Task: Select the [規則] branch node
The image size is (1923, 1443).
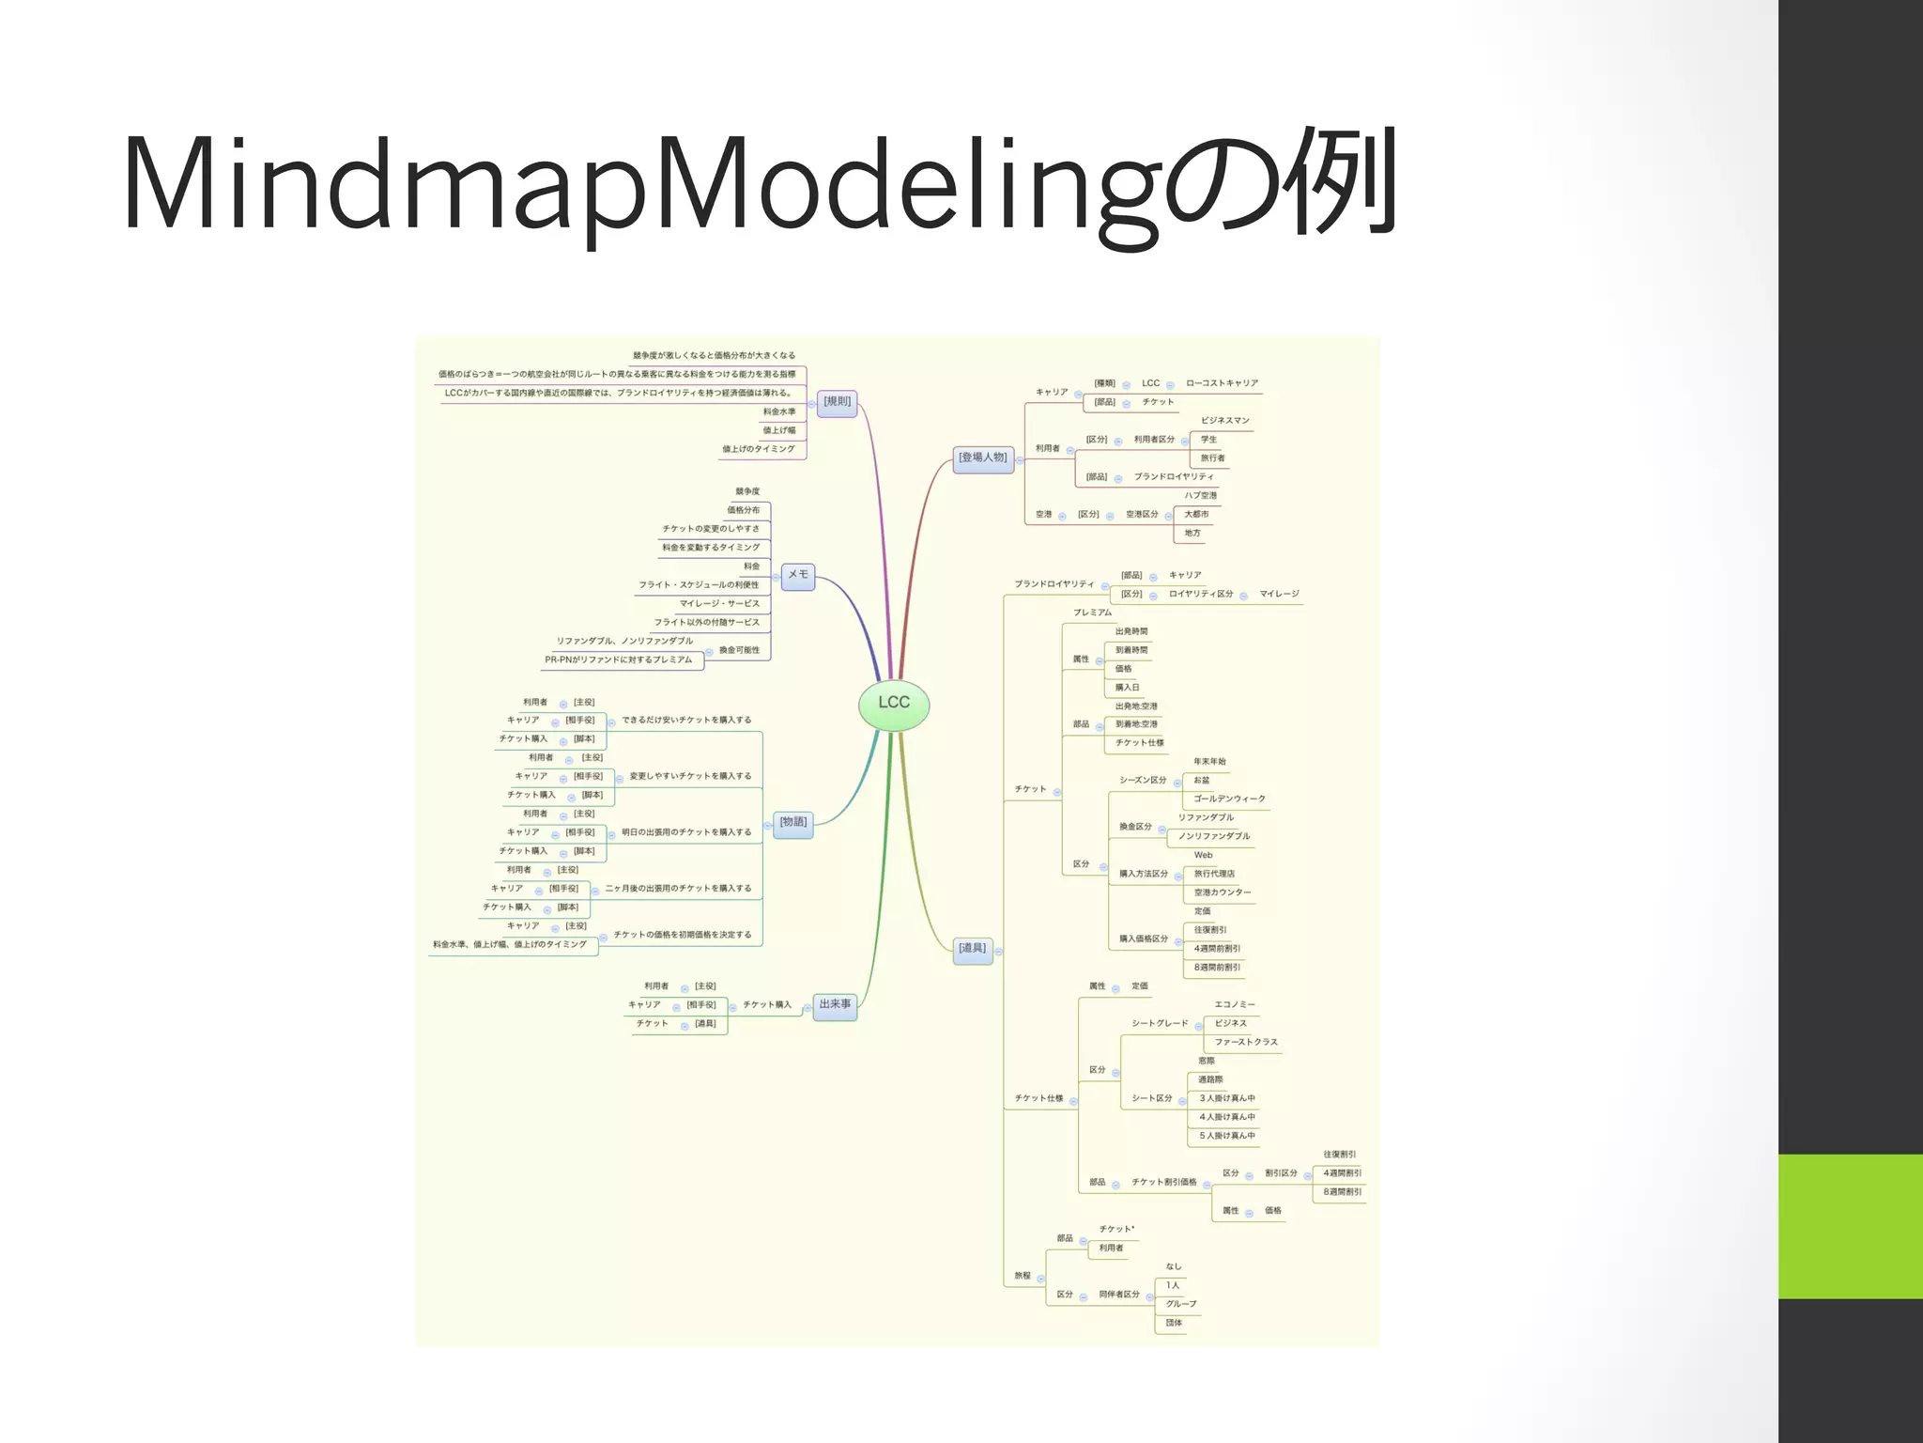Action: pyautogui.click(x=837, y=402)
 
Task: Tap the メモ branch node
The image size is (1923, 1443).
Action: pyautogui.click(x=797, y=575)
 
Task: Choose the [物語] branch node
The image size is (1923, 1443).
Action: pyautogui.click(x=792, y=823)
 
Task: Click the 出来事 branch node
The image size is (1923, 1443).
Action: pyautogui.click(x=835, y=1005)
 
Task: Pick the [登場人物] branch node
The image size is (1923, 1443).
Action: pyautogui.click(x=982, y=458)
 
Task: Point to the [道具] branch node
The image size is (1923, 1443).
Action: pyautogui.click(x=973, y=950)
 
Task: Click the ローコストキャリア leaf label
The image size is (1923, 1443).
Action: pyautogui.click(x=1222, y=383)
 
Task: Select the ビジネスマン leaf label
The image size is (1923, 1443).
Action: pyautogui.click(x=1225, y=421)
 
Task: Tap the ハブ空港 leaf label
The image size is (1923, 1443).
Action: pyautogui.click(x=1200, y=496)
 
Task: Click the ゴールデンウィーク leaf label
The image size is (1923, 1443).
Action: pyautogui.click(x=1229, y=799)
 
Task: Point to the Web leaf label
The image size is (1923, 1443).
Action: pyautogui.click(x=1203, y=855)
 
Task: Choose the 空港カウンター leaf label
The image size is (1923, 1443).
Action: pyautogui.click(x=1222, y=892)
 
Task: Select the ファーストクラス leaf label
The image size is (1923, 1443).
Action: pyautogui.click(x=1245, y=1042)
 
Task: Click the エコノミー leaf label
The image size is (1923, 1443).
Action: pyautogui.click(x=1234, y=1004)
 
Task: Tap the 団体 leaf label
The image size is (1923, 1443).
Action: pyautogui.click(x=1174, y=1323)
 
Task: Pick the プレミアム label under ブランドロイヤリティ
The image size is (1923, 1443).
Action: pyautogui.click(x=1092, y=613)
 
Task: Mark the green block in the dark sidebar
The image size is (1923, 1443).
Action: pyautogui.click(x=1850, y=1226)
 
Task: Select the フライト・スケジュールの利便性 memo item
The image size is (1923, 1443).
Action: pyautogui.click(x=699, y=585)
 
